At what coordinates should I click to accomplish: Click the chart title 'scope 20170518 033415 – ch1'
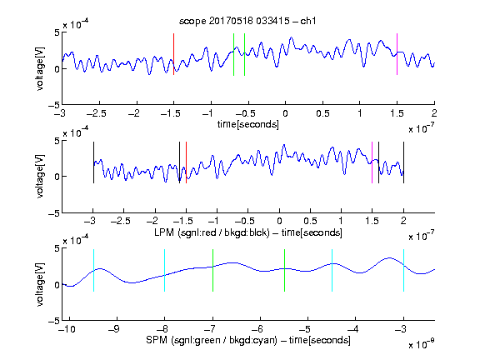tap(247, 21)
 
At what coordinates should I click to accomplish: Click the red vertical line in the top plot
tap(173, 54)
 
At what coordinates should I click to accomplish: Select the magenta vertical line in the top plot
tap(397, 54)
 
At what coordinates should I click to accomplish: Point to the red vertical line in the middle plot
tap(186, 162)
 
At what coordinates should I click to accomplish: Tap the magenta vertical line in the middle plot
tap(372, 162)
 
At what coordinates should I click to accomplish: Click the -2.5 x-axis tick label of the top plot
tap(97, 113)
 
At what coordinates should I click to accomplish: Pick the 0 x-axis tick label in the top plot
tap(285, 113)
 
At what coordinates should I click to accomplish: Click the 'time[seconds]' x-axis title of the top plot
tap(248, 124)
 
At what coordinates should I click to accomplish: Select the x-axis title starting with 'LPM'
tap(248, 232)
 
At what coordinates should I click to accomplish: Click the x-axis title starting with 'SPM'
tap(248, 340)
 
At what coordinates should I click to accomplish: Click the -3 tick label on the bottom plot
tap(402, 329)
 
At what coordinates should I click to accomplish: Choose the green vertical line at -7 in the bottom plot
tap(212, 270)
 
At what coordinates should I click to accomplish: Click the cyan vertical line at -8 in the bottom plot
tap(165, 270)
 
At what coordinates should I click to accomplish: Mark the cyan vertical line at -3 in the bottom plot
tap(403, 270)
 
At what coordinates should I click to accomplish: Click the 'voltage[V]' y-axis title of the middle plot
tap(40, 177)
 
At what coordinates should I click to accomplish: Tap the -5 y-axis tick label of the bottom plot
tap(53, 321)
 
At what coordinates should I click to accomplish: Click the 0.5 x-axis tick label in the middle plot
tap(310, 221)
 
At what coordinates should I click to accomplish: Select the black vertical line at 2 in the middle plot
tap(403, 162)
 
